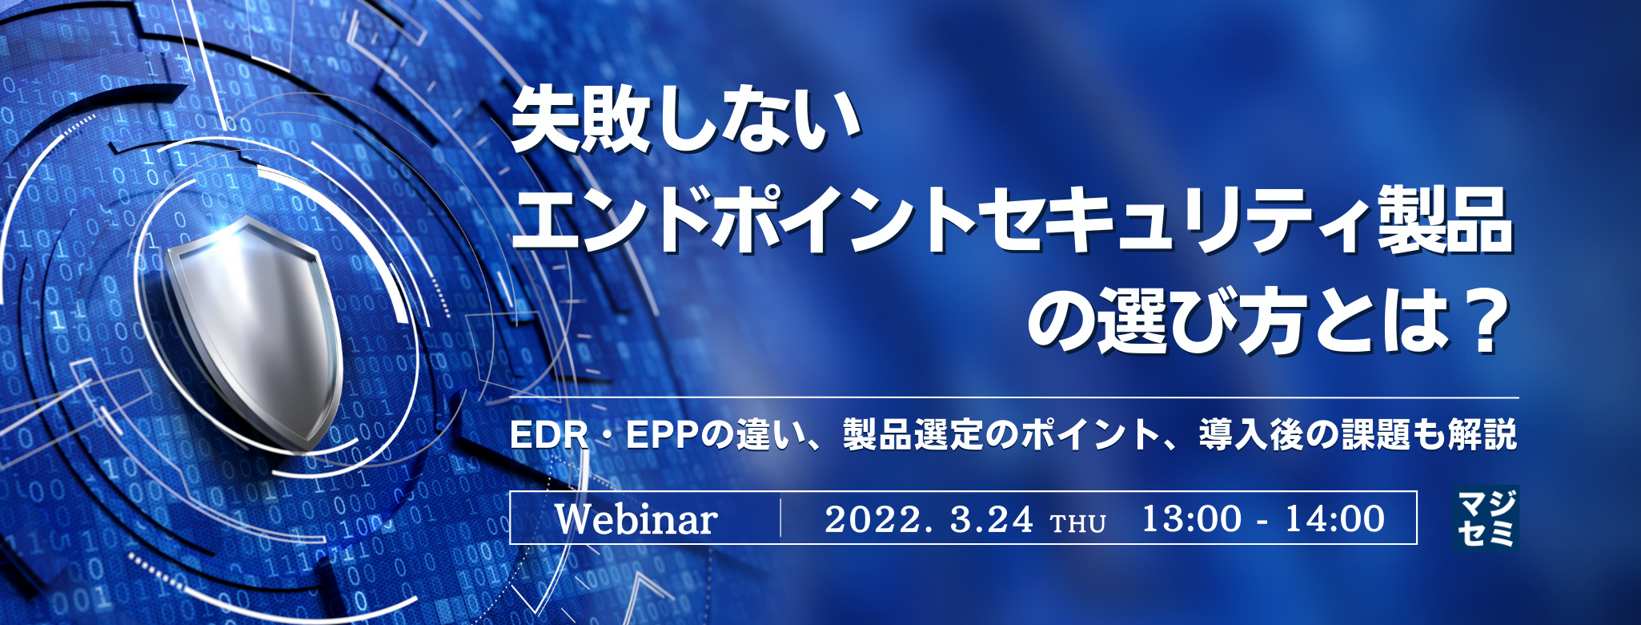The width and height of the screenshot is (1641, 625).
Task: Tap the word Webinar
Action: click(x=636, y=519)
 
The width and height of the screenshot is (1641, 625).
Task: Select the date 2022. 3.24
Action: click(x=928, y=519)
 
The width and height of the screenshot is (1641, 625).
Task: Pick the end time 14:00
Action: click(x=1334, y=519)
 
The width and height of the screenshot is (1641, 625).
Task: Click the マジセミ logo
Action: click(x=1487, y=518)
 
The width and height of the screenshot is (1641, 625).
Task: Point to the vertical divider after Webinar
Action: click(x=780, y=518)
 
